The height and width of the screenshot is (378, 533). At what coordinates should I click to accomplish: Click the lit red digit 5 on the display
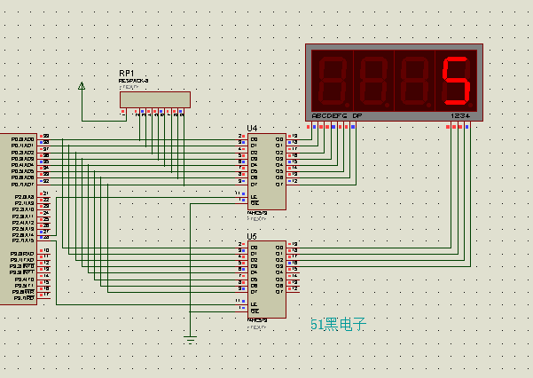(x=456, y=81)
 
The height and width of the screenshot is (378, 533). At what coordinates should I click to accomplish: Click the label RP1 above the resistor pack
(x=127, y=73)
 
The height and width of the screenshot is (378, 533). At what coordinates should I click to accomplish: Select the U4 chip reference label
(x=252, y=129)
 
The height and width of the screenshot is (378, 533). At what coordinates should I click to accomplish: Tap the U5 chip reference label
(x=252, y=237)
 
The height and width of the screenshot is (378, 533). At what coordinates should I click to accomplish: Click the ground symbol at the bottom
(x=191, y=337)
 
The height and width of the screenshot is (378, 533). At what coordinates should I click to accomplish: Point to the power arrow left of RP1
(x=82, y=86)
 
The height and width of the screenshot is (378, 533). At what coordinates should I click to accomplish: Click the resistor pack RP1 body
(x=155, y=99)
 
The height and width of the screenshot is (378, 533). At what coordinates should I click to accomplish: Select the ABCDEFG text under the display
(x=329, y=116)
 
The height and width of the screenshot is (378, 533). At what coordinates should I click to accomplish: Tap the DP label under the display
(x=357, y=116)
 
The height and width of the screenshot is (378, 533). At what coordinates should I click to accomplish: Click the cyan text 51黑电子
(x=338, y=325)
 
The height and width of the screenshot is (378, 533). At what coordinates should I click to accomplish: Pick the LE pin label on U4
(x=254, y=195)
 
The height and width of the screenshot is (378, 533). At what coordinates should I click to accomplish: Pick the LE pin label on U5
(x=254, y=304)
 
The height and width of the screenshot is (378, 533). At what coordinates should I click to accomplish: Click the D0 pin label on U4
(x=254, y=139)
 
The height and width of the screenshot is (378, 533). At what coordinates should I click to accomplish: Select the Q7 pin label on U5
(x=279, y=291)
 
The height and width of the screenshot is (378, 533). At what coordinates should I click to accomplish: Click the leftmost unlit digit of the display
(x=330, y=81)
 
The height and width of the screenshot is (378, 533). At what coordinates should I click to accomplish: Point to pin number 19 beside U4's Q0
(x=294, y=137)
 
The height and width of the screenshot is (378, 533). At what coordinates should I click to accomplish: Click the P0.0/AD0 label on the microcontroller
(x=22, y=139)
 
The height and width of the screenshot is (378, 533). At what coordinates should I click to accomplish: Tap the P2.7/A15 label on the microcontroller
(x=22, y=240)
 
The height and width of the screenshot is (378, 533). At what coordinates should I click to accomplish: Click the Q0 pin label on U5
(x=279, y=244)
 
